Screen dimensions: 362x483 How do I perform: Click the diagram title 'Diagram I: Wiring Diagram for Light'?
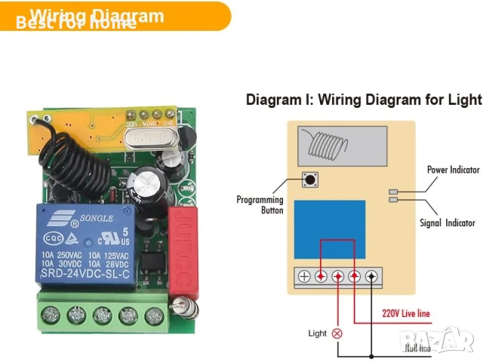tap(364, 100)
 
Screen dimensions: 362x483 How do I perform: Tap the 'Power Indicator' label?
tap(453, 170)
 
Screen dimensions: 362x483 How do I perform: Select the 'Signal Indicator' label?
tap(448, 222)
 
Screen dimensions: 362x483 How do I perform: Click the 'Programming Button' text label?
tap(260, 205)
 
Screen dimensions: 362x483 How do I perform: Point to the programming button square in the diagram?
tap(309, 180)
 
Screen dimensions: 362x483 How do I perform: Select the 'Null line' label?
tap(418, 348)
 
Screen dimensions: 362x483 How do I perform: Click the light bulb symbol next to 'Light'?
tap(337, 333)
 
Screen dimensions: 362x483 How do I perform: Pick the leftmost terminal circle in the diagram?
tap(304, 277)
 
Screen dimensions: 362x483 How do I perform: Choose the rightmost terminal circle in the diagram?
tap(371, 277)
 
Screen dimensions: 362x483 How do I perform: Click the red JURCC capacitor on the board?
tap(182, 248)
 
